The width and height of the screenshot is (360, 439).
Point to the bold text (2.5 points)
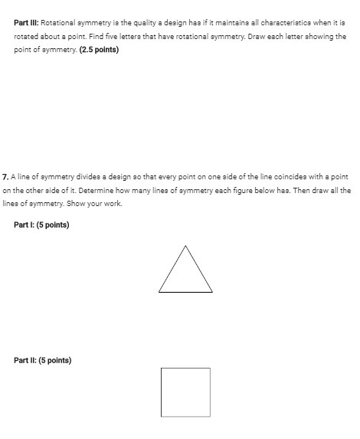98,49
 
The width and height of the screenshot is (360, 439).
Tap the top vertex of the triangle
185,245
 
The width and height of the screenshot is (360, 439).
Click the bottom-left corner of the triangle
159,292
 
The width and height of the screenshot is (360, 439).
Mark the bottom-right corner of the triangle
212,292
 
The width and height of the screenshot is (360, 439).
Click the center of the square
185,392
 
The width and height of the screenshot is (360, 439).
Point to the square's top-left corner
162,369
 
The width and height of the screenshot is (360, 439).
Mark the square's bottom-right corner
210,416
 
